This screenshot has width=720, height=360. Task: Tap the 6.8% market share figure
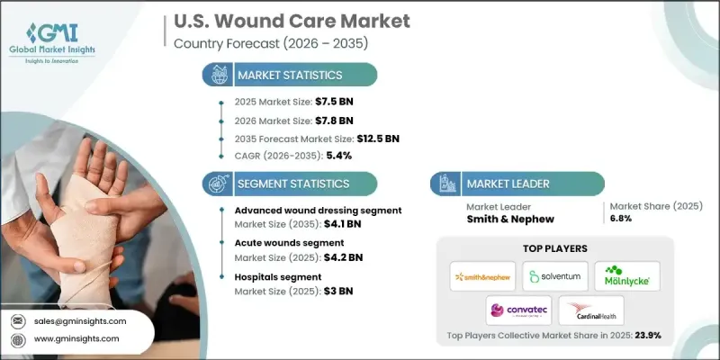point(619,219)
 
